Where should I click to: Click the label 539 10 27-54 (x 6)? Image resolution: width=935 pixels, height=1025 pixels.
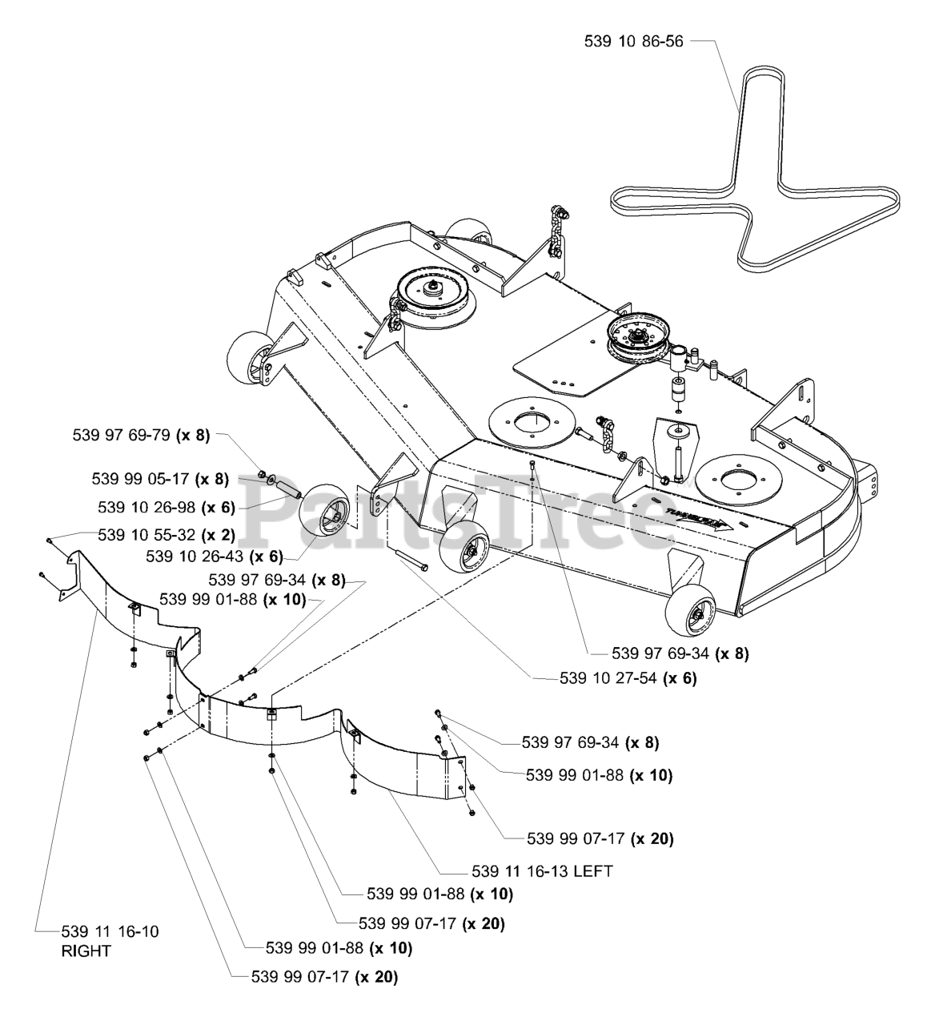pyautogui.click(x=628, y=678)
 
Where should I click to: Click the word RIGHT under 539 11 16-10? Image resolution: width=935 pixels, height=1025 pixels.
pyautogui.click(x=86, y=951)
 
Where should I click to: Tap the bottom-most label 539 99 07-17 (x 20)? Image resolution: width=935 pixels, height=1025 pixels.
pyautogui.click(x=323, y=977)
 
